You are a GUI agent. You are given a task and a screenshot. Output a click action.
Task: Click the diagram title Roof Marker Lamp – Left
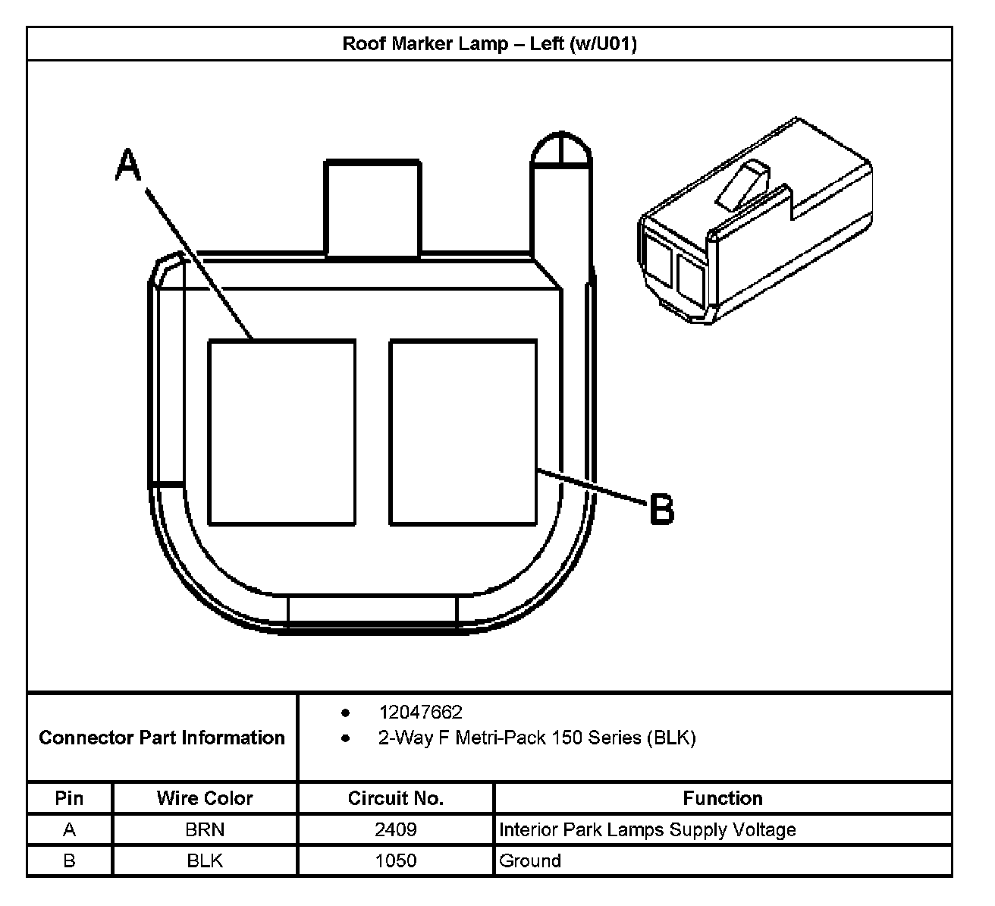[489, 43]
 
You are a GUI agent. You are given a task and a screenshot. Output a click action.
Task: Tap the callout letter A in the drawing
[128, 165]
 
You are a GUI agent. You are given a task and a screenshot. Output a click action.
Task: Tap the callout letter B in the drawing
[662, 509]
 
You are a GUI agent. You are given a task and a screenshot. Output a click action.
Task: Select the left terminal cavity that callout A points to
[281, 433]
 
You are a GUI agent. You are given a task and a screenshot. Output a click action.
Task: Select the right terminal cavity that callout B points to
[463, 433]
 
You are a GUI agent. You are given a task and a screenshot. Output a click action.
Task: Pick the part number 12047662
[420, 713]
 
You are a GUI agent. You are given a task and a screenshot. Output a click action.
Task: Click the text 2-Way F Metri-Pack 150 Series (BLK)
[537, 738]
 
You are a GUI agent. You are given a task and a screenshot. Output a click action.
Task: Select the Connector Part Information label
[162, 738]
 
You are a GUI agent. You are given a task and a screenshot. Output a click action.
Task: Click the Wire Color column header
[205, 798]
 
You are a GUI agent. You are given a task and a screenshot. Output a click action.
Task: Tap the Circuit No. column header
[396, 798]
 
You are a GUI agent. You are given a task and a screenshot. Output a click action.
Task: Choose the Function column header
[723, 798]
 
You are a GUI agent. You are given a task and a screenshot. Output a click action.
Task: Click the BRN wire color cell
[205, 829]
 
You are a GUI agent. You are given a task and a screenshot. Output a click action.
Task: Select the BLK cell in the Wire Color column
[205, 860]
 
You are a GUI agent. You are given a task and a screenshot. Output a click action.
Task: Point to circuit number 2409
[396, 829]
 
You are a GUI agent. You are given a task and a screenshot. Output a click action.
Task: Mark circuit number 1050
[396, 860]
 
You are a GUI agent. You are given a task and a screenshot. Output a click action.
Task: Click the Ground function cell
[530, 860]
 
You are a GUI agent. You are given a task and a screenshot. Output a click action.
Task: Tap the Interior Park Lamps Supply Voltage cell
[648, 829]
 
